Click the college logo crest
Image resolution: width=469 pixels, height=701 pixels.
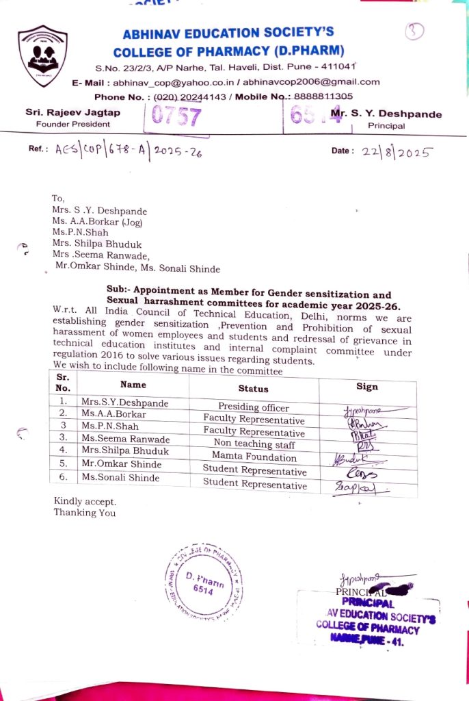pos(42,55)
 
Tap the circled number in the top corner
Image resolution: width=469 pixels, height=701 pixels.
pos(414,31)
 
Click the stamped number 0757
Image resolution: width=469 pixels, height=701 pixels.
pos(176,117)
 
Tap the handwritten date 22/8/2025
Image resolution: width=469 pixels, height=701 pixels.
pos(396,152)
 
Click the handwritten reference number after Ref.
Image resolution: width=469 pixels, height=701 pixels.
pos(129,152)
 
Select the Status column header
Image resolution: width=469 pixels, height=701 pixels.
pos(253,388)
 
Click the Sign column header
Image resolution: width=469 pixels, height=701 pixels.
pos(367,386)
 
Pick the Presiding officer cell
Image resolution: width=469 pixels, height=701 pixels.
pos(253,407)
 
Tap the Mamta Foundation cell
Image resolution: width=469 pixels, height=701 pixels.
pos(254,457)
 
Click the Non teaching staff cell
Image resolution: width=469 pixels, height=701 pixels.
pos(254,444)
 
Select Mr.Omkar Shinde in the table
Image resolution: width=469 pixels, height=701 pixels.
pos(121,464)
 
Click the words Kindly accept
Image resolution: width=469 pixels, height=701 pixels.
pos(80,501)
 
